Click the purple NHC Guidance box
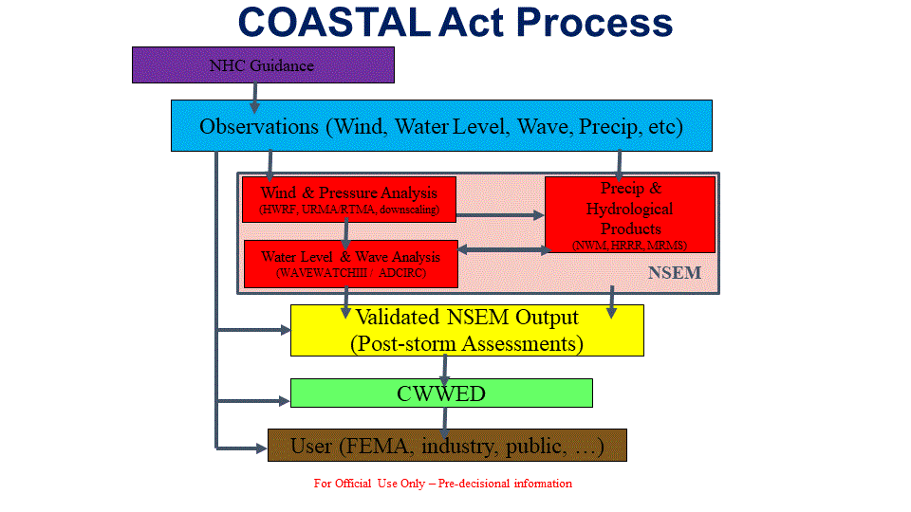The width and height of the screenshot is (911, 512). click(x=263, y=65)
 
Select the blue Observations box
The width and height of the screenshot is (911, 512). click(x=441, y=125)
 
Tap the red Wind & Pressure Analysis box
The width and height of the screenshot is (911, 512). click(x=349, y=200)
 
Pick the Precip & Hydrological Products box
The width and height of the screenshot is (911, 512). click(x=630, y=215)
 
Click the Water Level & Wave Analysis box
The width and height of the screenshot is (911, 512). click(x=351, y=265)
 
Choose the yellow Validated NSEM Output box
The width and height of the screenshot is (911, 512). click(x=467, y=330)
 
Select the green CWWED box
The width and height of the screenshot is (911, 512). click(x=441, y=393)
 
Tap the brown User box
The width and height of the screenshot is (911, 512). click(x=447, y=446)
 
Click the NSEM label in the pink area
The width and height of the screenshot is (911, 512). click(x=675, y=272)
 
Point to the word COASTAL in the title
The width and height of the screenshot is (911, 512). click(x=334, y=23)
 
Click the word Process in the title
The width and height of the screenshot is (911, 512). click(x=594, y=23)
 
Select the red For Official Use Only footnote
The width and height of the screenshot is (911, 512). click(x=443, y=483)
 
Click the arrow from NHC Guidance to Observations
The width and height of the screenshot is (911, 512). click(x=254, y=98)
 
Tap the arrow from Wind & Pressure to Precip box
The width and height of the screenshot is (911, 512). click(x=500, y=215)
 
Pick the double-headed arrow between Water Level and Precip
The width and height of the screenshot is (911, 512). click(x=504, y=250)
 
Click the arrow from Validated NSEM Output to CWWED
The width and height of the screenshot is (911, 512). click(x=444, y=367)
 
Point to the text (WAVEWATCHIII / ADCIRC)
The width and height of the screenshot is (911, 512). click(x=351, y=273)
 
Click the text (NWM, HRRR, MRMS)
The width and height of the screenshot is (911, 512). click(x=630, y=245)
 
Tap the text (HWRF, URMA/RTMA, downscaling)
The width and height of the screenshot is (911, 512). click(x=349, y=210)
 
